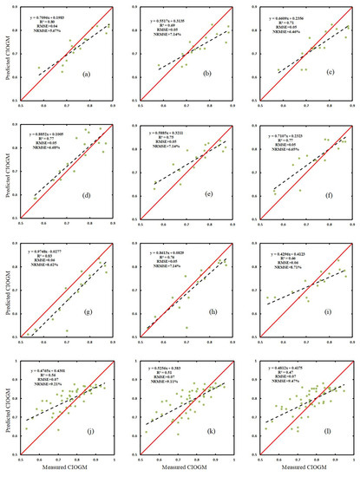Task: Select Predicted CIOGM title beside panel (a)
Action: (7, 52)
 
